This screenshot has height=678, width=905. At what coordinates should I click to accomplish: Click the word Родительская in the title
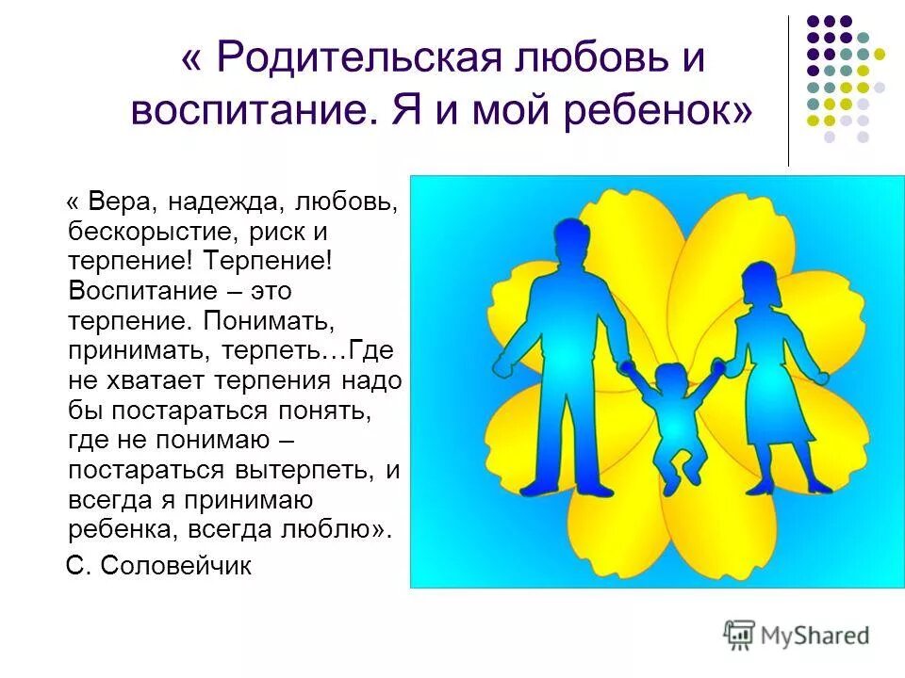(357, 59)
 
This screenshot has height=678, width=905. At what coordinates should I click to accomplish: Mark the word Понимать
(267, 319)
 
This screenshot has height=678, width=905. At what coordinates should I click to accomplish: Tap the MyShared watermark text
(815, 635)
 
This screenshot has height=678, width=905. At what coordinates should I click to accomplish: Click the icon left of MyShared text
(739, 634)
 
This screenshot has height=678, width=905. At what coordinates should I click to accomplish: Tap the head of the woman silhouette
(760, 283)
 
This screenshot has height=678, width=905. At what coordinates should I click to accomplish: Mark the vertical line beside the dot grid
(788, 90)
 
